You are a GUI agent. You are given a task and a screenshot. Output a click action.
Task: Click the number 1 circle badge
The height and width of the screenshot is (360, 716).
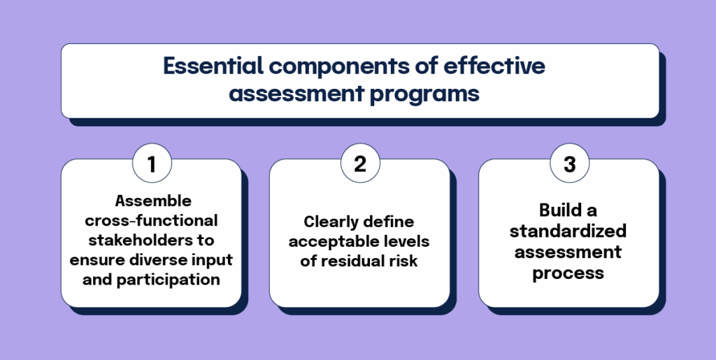coord(151,164)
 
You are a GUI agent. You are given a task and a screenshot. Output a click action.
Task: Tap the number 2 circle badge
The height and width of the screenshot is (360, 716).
coord(359,164)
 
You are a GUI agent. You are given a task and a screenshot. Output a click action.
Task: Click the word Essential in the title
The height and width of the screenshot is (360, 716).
coord(209,67)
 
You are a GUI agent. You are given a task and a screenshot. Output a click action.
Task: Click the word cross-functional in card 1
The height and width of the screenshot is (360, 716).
coord(152,221)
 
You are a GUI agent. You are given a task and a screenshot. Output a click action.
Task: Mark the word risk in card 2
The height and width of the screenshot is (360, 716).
coord(403,261)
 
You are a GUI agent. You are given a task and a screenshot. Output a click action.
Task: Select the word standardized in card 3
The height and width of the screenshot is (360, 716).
coord(568,231)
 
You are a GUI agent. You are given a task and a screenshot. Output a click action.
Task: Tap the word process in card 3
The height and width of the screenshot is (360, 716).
coord(568,272)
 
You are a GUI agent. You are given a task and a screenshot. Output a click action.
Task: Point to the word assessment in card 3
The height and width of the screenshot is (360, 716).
coord(568,252)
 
